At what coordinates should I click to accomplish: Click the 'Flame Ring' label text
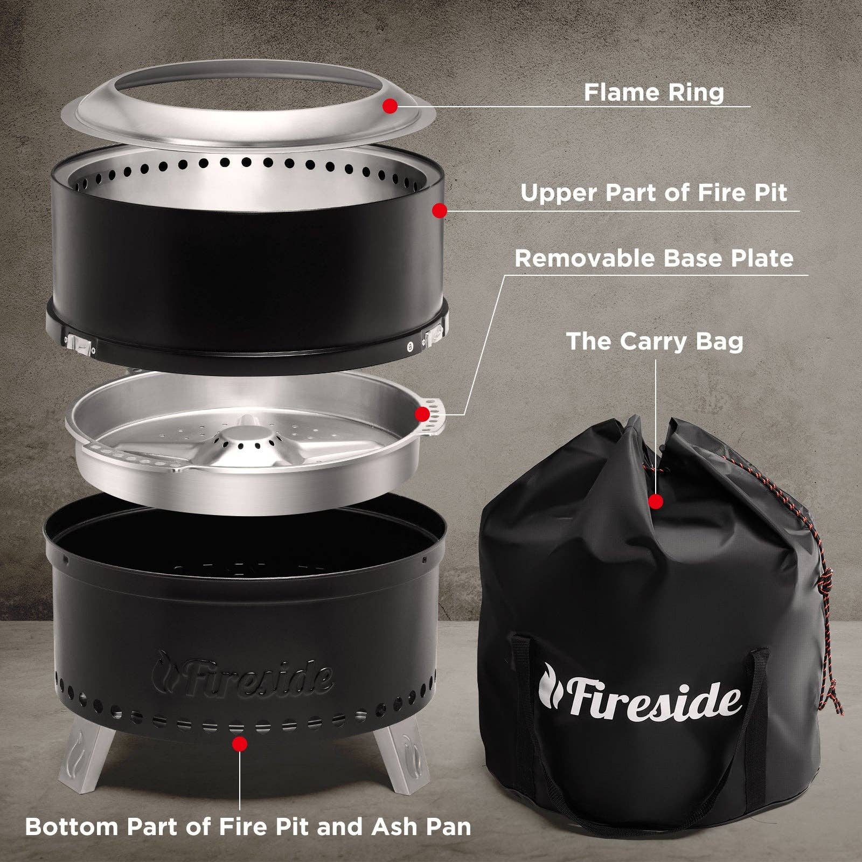tap(654, 92)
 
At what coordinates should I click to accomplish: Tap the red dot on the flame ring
tap(390, 106)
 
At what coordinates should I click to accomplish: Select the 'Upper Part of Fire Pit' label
tap(654, 193)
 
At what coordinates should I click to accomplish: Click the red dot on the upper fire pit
tap(440, 210)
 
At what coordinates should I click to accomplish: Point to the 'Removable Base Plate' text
tap(654, 259)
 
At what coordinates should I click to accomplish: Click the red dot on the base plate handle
tap(423, 414)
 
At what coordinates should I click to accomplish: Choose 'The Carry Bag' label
tap(654, 342)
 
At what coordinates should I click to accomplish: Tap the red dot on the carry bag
tap(656, 502)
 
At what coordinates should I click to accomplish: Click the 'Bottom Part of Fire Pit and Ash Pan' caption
tap(248, 826)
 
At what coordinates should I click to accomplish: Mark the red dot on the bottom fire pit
tap(240, 744)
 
